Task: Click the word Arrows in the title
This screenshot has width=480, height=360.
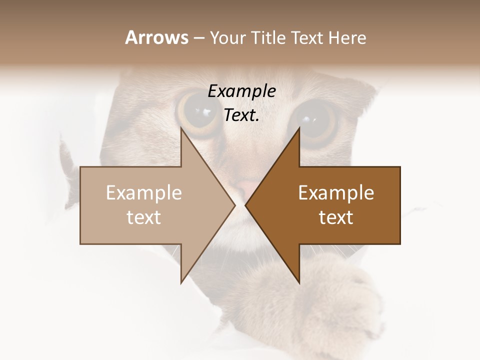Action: point(156,37)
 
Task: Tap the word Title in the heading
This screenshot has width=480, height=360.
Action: point(268,37)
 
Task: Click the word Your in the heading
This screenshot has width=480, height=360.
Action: point(227,37)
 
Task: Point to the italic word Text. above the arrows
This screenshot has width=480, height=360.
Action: point(241,115)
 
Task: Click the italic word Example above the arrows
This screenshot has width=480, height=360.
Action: point(241,91)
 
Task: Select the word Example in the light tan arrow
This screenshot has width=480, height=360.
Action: point(144,193)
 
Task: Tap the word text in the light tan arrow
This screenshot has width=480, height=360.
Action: point(144,217)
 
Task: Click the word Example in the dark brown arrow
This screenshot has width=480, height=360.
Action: point(336,193)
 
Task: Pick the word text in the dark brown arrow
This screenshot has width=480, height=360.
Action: point(336,217)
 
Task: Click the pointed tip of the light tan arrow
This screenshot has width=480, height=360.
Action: point(234,205)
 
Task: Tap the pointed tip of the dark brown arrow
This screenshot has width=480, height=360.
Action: point(246,205)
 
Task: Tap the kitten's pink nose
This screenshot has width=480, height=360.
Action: point(246,189)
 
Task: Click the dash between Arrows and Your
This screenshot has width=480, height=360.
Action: point(198,38)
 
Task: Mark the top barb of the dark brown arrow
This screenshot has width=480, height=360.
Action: point(299,131)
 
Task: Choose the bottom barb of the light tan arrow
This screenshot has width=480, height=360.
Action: point(182,280)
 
